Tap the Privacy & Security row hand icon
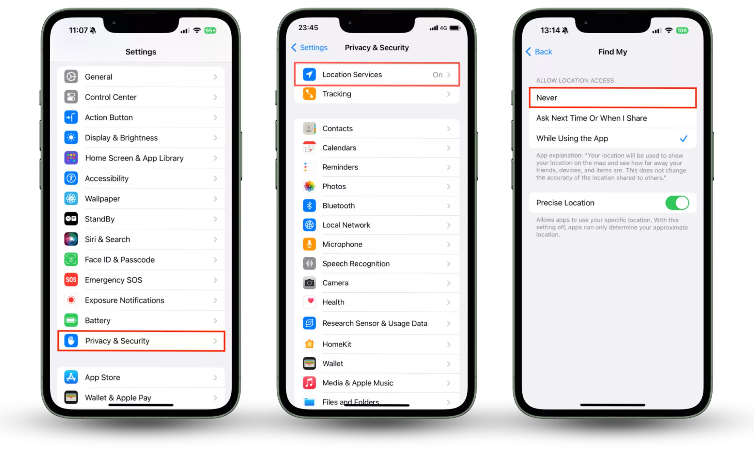point(71,341)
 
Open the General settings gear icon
point(71,77)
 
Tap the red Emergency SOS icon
point(71,280)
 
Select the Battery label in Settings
point(98,320)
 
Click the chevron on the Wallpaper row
point(215,199)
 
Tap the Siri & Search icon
point(71,239)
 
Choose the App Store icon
point(71,377)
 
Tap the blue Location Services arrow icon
point(309,74)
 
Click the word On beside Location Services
point(438,75)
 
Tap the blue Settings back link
point(309,48)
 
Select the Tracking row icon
point(309,94)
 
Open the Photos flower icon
point(309,186)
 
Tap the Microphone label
point(342,244)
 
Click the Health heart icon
point(309,302)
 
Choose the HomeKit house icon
point(309,344)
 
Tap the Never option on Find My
point(547,98)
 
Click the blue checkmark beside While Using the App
point(683,139)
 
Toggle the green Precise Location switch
point(677,203)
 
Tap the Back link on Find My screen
point(539,52)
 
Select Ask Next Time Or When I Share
point(591,118)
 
